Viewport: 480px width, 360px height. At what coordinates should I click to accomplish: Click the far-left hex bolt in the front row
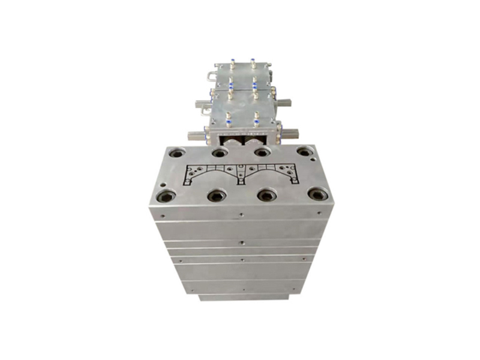pos(166,196)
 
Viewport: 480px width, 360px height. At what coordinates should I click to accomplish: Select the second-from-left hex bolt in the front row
pos(216,196)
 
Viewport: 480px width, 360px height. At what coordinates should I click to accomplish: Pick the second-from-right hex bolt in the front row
pos(266,195)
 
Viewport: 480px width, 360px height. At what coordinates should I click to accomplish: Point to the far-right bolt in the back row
pos(305,152)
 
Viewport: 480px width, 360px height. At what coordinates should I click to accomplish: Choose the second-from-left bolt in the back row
pos(220,153)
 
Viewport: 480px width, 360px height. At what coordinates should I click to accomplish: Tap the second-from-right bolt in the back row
pos(262,152)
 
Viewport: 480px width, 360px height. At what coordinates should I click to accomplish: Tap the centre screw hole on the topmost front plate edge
pos(241,214)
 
